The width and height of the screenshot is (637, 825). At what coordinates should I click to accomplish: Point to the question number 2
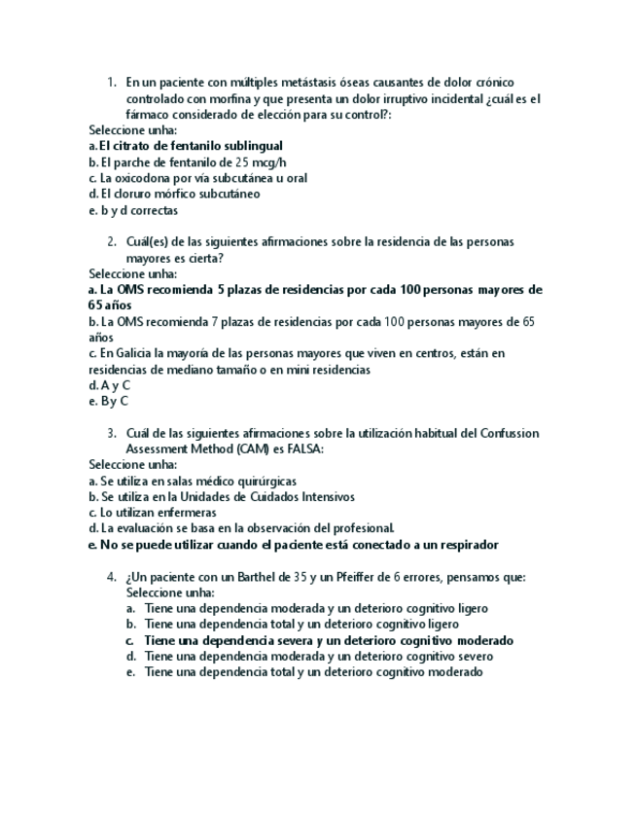pyautogui.click(x=112, y=241)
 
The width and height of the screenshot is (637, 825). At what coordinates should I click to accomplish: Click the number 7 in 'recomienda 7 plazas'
pyautogui.click(x=213, y=321)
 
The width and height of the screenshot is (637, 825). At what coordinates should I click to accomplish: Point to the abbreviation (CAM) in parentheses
pyautogui.click(x=250, y=448)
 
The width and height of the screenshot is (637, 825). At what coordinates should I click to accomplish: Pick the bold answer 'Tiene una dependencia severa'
pyautogui.click(x=329, y=640)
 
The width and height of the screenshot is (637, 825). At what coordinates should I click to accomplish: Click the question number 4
pyautogui.click(x=112, y=577)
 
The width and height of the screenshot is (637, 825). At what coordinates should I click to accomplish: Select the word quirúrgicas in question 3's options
pyautogui.click(x=265, y=481)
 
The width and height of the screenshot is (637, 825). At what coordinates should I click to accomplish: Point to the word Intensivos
pyautogui.click(x=328, y=496)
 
